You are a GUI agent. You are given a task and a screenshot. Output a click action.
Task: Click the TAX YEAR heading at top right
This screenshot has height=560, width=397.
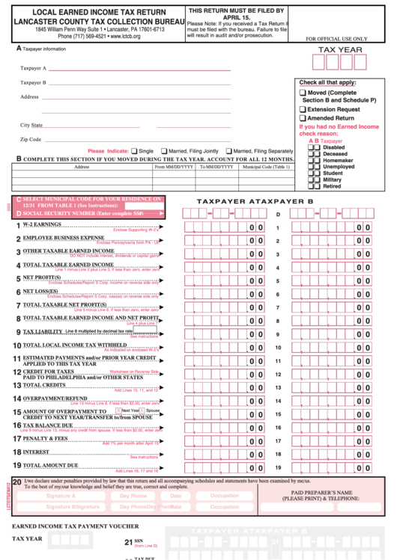click(340, 49)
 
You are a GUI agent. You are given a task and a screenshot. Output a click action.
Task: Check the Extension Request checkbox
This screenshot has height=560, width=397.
click(303, 109)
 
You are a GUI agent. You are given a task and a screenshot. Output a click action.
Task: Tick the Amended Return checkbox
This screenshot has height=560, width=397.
click(303, 118)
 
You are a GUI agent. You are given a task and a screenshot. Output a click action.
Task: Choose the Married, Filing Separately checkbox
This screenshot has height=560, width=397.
click(228, 150)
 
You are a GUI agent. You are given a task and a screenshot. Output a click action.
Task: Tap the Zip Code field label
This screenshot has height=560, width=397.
click(31, 139)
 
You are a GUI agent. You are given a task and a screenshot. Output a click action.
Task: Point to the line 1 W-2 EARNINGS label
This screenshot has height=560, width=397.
click(41, 224)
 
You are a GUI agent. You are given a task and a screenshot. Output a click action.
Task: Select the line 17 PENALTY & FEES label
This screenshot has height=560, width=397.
click(44, 438)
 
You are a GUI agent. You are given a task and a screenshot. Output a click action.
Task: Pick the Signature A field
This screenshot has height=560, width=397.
click(61, 496)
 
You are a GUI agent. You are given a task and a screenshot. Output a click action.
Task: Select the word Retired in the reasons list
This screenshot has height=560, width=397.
click(331, 186)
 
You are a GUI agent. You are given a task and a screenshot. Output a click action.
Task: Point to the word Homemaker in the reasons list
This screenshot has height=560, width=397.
click(337, 160)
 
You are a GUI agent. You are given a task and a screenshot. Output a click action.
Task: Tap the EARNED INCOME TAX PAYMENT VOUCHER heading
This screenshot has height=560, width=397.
click(76, 527)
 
